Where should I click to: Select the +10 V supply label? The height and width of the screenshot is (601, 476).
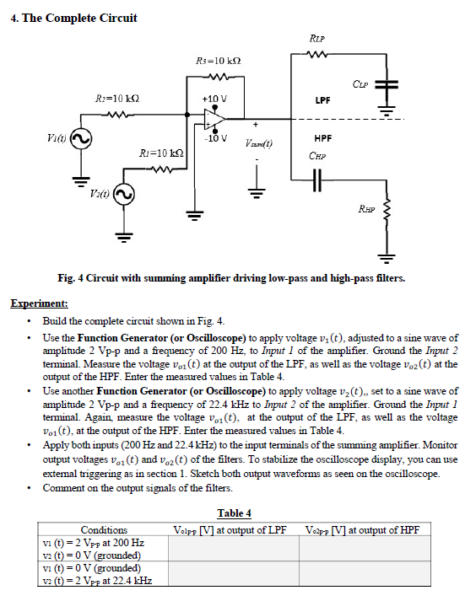pos(214,99)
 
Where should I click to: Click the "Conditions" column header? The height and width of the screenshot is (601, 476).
pos(103,529)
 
